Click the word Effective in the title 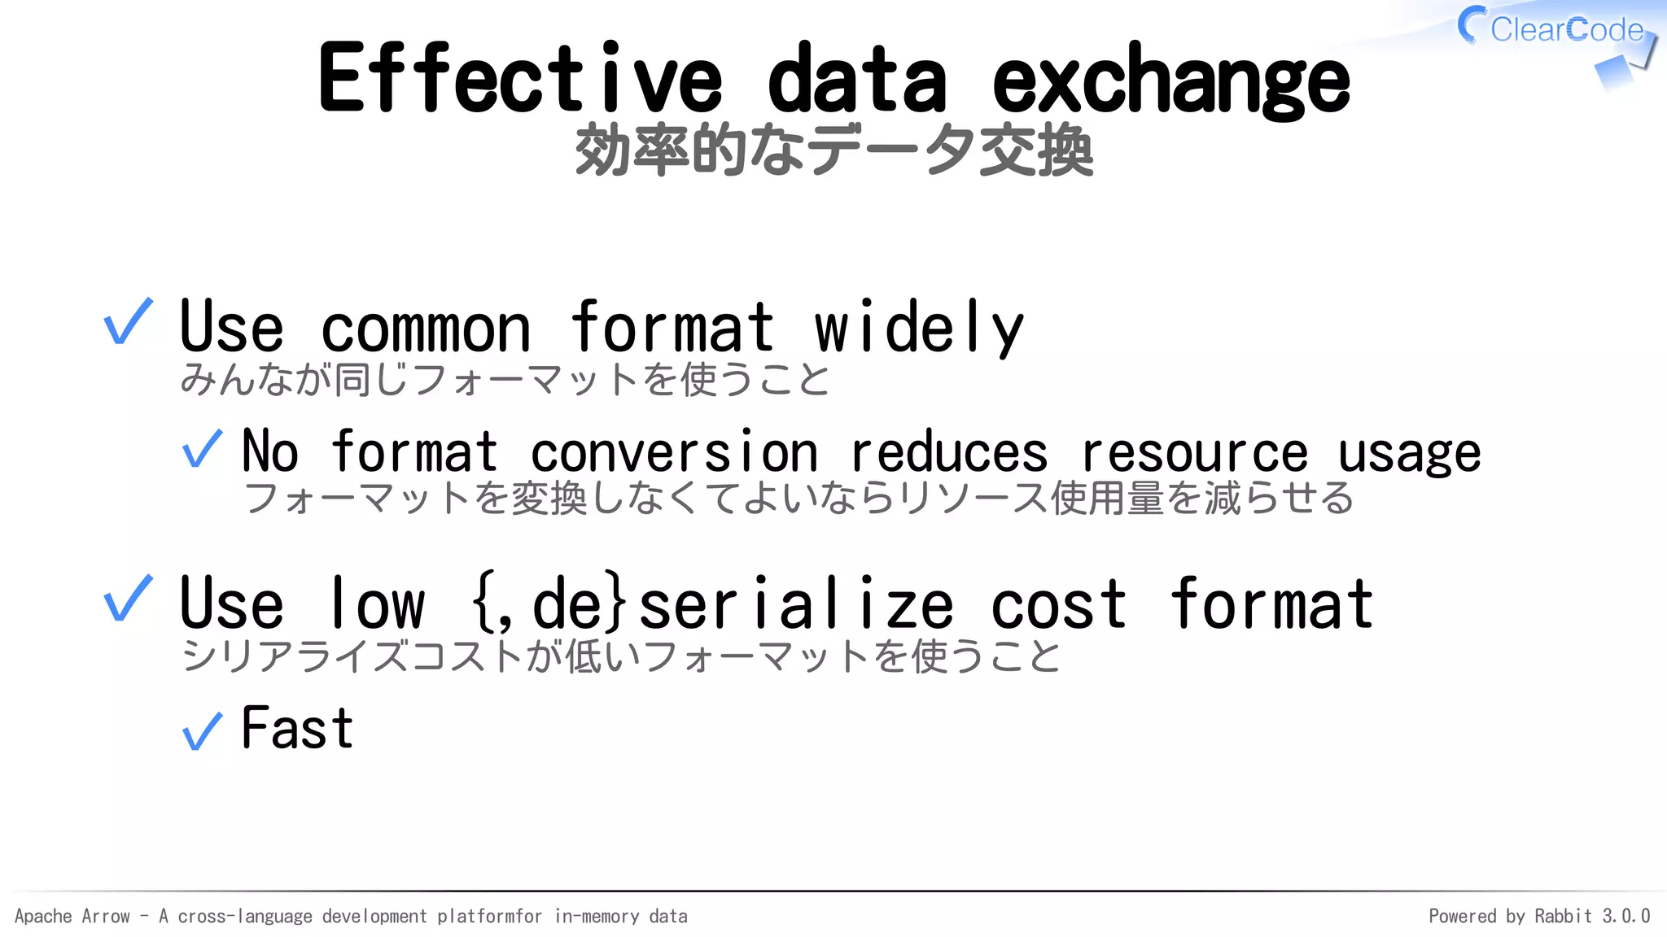click(x=519, y=79)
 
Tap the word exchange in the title click(x=1170, y=81)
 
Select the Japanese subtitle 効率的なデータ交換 click(x=833, y=150)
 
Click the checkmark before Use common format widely click(x=128, y=322)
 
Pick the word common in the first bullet click(x=426, y=329)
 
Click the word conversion click(x=673, y=452)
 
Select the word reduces click(x=948, y=452)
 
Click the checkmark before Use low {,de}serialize click(x=128, y=599)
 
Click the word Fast click(x=297, y=728)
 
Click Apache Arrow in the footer click(x=72, y=917)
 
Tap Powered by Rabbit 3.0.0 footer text click(x=1538, y=917)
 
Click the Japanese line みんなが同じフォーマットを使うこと click(x=505, y=380)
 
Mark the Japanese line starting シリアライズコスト click(x=620, y=656)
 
